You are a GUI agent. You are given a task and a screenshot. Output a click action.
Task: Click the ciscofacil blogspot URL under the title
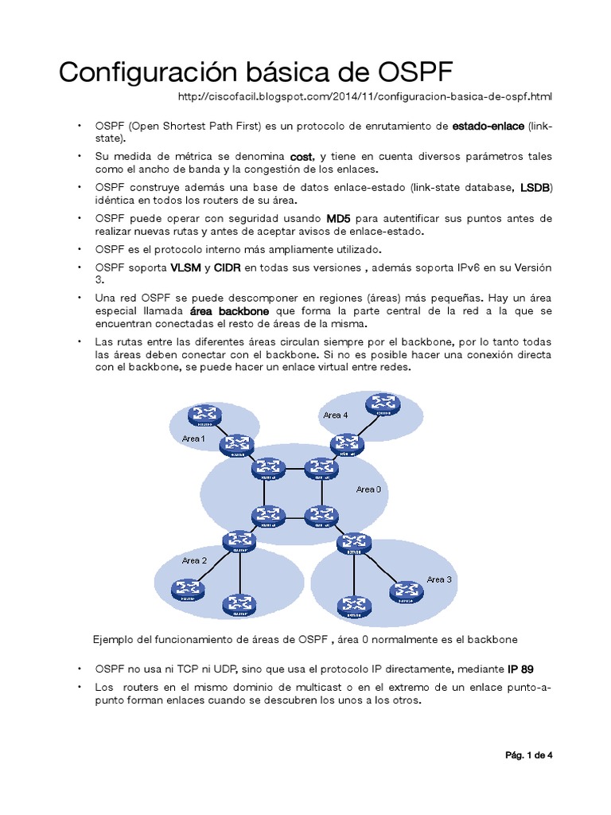[x=364, y=96]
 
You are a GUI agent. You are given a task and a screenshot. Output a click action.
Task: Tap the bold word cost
[x=302, y=156]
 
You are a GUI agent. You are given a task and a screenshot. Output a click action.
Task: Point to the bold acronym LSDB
[x=535, y=187]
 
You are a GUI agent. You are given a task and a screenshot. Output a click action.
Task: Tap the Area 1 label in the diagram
[x=193, y=439]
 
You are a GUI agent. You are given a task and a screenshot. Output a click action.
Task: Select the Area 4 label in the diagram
[x=335, y=415]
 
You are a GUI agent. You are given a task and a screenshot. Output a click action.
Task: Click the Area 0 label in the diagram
[x=368, y=489]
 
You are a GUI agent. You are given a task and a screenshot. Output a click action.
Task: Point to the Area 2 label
[x=194, y=560]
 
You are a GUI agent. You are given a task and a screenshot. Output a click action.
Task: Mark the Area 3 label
[x=438, y=579]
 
